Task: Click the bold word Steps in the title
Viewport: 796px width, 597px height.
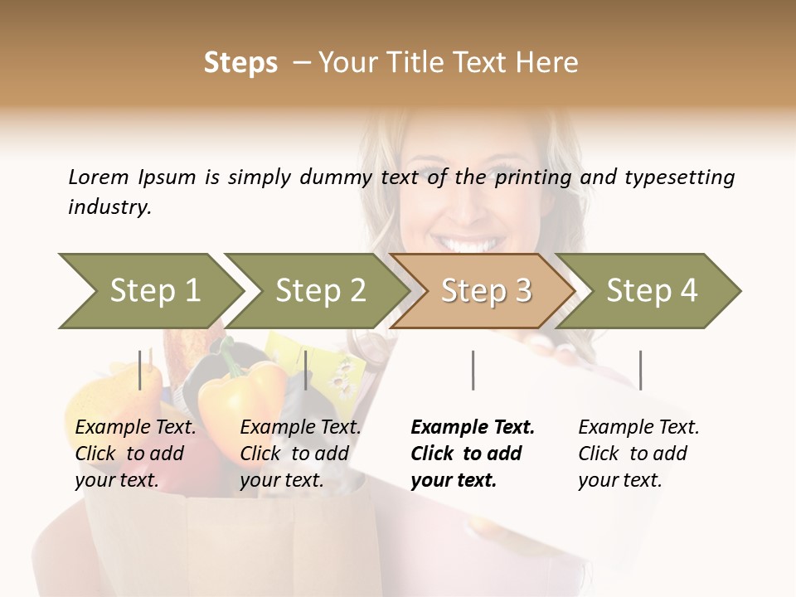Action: coord(240,63)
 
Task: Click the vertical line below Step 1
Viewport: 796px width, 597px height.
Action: coord(140,370)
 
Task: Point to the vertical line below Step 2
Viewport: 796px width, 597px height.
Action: coord(306,370)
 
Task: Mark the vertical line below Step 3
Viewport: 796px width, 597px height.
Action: coord(473,370)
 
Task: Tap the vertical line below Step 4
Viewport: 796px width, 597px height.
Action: coord(640,370)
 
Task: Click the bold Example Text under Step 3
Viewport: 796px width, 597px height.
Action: coord(473,454)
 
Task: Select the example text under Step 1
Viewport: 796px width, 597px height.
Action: coord(135,454)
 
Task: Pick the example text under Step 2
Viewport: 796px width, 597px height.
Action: coord(300,454)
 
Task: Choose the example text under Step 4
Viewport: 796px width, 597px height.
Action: coord(638,454)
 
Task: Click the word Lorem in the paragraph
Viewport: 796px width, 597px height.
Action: coord(99,177)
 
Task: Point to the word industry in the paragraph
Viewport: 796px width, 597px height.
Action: coord(109,207)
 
